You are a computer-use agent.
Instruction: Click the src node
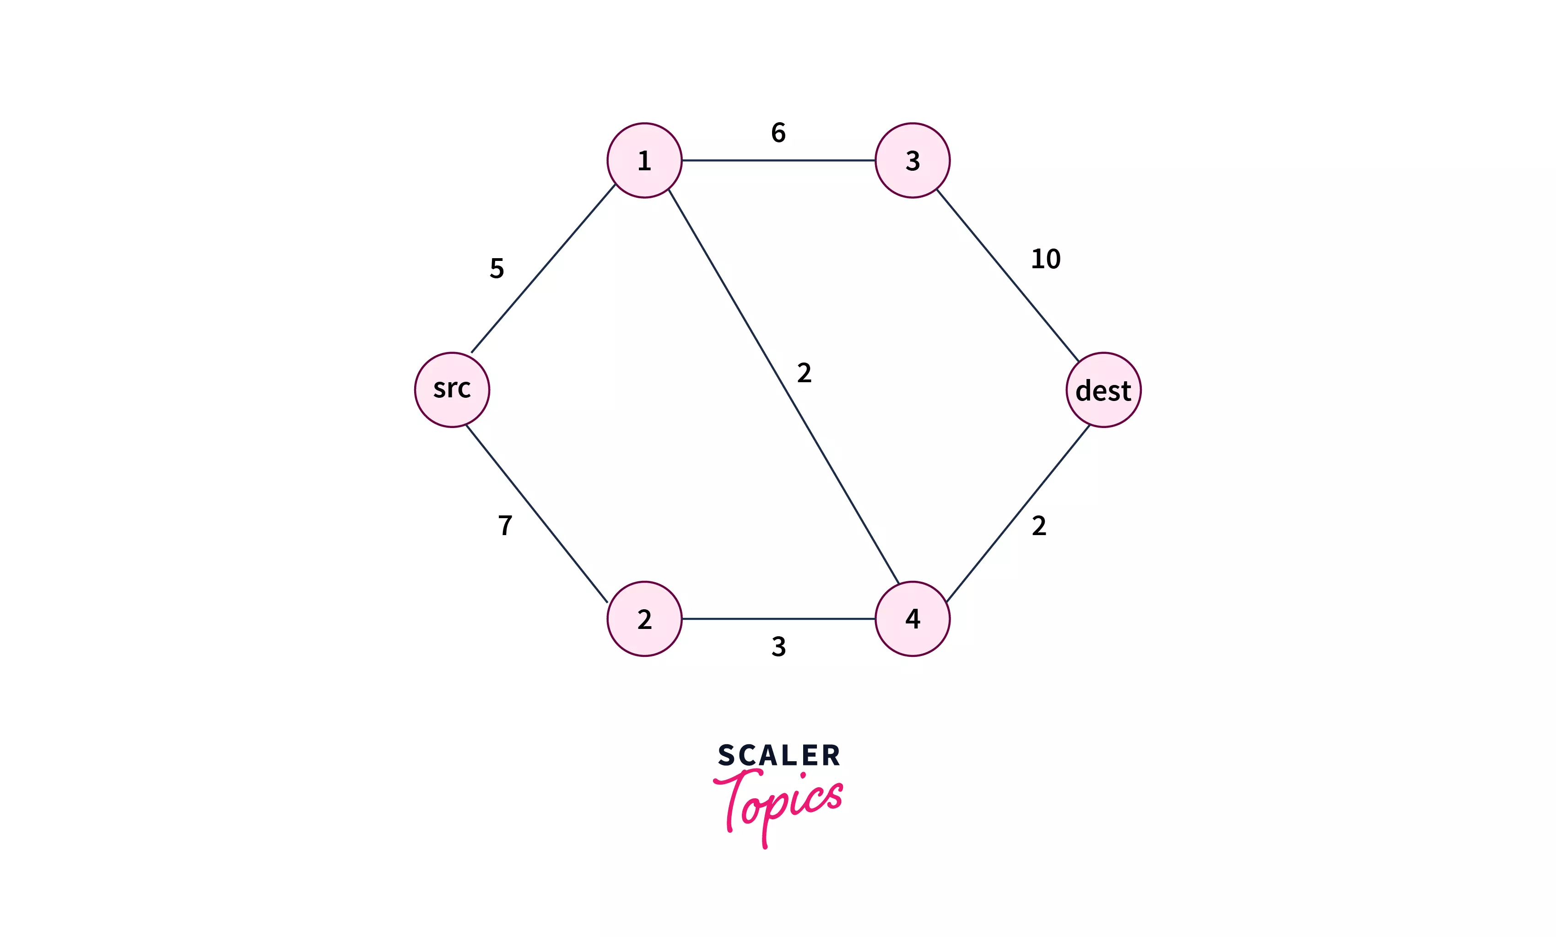point(452,390)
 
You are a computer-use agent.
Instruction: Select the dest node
point(1103,390)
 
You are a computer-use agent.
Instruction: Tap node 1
point(644,160)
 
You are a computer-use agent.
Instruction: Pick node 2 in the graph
point(644,619)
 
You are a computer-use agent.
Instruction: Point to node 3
point(912,160)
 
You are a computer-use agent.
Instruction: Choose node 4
point(912,619)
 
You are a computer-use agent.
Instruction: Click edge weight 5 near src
point(497,268)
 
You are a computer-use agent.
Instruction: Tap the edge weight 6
point(778,133)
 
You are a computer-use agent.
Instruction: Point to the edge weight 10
point(1045,259)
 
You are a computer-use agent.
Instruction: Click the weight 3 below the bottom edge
point(778,646)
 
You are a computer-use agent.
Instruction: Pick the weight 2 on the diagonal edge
point(804,373)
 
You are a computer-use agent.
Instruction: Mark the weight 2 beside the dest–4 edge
point(1038,526)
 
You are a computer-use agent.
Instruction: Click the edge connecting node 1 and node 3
point(778,160)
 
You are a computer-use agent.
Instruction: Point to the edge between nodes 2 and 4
point(778,619)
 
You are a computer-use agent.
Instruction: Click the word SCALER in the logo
point(778,755)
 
